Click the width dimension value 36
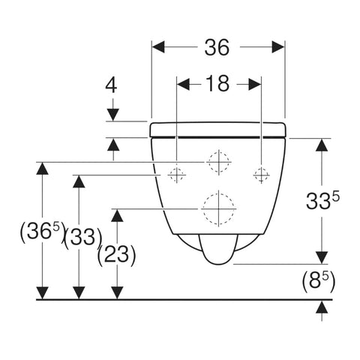click(217, 48)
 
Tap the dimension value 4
click(112, 85)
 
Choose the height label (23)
click(117, 255)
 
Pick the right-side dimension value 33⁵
click(323, 200)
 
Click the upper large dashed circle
click(217, 162)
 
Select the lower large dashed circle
click(217, 208)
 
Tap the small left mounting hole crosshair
click(176, 175)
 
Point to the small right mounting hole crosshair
click(260, 175)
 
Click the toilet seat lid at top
click(218, 129)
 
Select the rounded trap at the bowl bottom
click(217, 250)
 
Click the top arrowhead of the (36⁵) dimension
click(43, 168)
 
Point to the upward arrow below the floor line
click(322, 307)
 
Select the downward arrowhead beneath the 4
click(112, 114)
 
